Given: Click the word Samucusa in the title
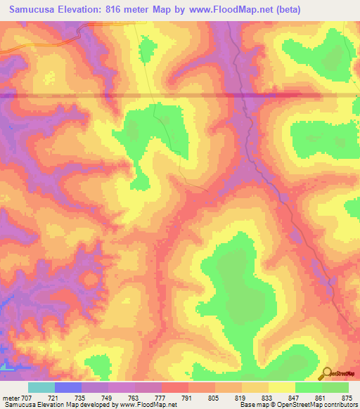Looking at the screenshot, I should (x=32, y=10).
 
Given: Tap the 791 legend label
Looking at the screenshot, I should (x=188, y=397).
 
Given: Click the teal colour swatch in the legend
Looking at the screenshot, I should (x=41, y=387).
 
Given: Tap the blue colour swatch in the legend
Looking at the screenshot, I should (x=68, y=387).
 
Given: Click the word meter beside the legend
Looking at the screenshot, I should (x=11, y=397).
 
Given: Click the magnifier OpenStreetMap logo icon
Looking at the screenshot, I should (x=326, y=374).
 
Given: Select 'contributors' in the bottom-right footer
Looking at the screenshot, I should (x=341, y=405).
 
